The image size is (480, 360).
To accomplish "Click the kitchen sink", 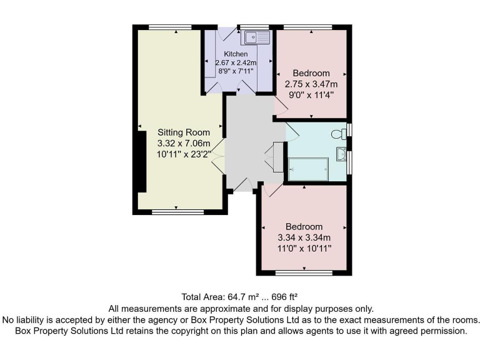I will click(256, 38).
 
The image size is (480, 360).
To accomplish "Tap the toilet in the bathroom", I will click(339, 133).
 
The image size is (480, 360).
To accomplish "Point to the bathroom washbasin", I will click(341, 153).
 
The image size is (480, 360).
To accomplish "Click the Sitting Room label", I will click(182, 132).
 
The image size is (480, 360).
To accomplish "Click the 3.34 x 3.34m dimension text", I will click(304, 237).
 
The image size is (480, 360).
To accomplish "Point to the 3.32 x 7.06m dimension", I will click(182, 143).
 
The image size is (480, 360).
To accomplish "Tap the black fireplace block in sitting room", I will click(142, 159).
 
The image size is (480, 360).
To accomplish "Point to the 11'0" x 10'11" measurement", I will click(304, 249).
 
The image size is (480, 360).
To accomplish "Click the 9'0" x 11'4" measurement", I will click(311, 95).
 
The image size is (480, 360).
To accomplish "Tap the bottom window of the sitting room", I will click(177, 212).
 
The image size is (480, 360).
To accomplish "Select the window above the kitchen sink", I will click(254, 27).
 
